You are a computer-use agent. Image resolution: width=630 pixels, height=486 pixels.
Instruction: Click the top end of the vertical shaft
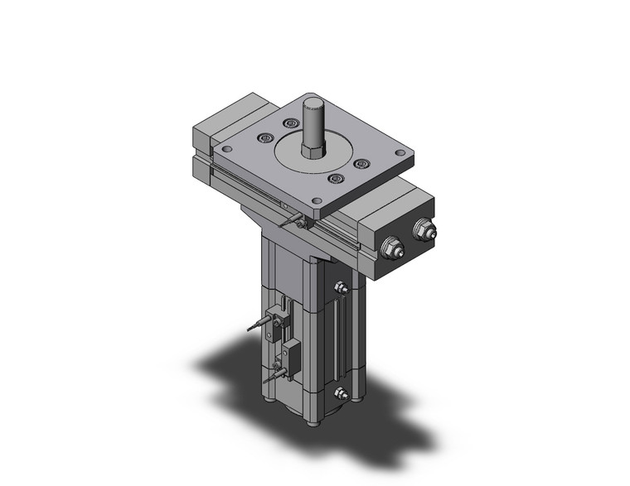(x=313, y=102)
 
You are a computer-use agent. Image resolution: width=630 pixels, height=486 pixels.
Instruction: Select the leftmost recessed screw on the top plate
(x=264, y=138)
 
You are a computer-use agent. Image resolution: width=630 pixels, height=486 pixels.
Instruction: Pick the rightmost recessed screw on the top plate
(x=361, y=164)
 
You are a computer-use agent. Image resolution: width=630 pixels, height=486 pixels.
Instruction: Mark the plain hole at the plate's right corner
(x=400, y=153)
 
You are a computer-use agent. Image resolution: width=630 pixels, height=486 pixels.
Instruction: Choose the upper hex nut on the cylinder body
(x=340, y=287)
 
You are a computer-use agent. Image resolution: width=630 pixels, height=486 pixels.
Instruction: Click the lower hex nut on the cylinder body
(x=340, y=396)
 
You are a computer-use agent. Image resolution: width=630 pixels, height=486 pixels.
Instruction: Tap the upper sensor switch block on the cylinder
(x=280, y=320)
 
